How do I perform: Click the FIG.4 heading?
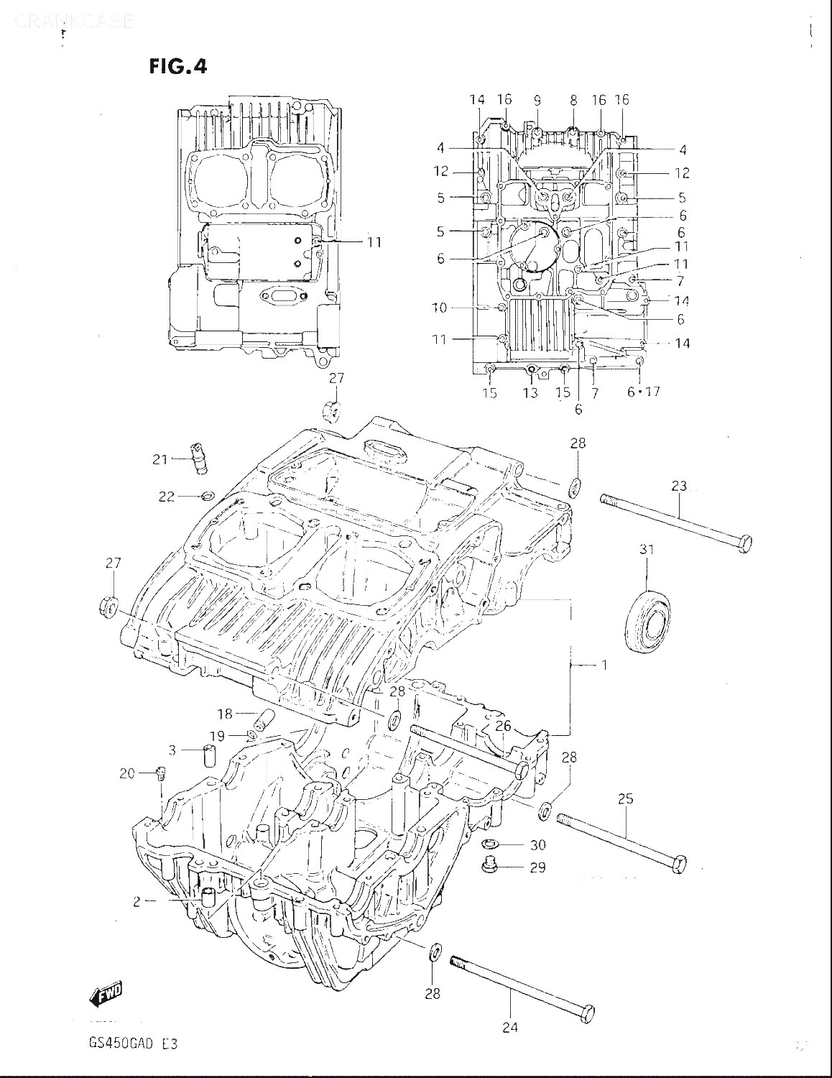click(177, 66)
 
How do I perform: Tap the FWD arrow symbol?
click(106, 995)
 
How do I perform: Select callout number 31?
click(647, 550)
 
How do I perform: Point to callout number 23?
click(679, 486)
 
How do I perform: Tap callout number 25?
click(625, 798)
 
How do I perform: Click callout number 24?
click(509, 1027)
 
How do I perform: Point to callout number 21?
click(160, 458)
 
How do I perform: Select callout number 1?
click(604, 665)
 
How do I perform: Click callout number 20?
click(127, 773)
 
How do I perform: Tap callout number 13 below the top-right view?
click(530, 392)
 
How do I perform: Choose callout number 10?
click(439, 308)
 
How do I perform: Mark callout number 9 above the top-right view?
click(537, 101)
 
